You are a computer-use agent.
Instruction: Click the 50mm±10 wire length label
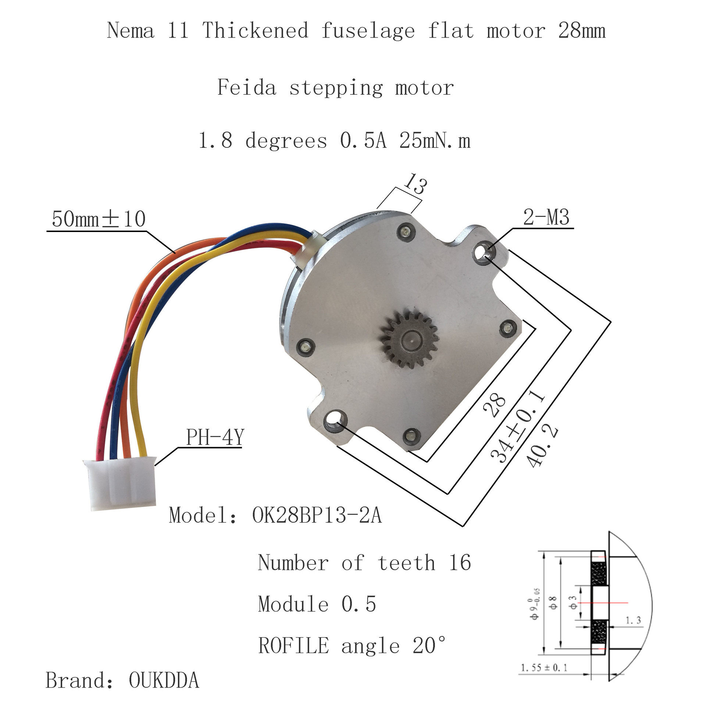99,219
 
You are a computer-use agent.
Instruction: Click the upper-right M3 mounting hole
482,253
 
